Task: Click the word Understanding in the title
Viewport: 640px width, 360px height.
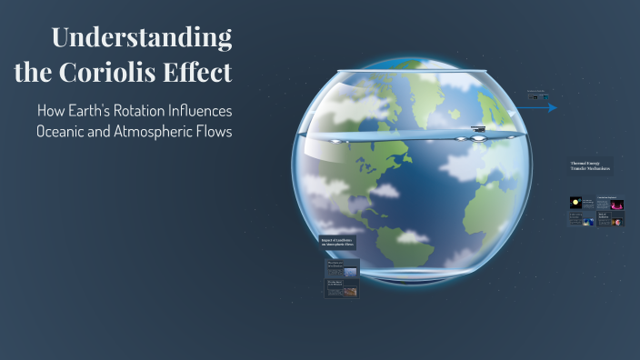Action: [x=141, y=38]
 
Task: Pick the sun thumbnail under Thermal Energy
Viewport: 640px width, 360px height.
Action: [x=575, y=202]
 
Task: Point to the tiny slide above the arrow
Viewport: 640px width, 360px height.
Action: [x=535, y=94]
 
